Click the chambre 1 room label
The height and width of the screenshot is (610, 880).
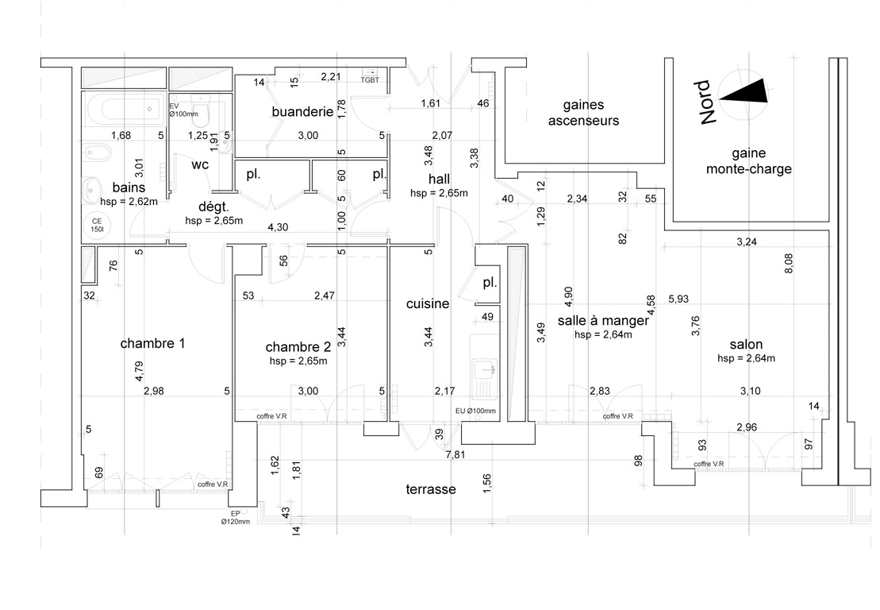152,344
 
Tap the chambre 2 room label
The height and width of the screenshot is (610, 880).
298,346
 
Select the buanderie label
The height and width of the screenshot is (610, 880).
301,112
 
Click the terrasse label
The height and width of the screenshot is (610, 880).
430,489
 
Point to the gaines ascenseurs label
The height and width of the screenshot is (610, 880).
583,113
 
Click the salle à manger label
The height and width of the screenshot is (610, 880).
603,321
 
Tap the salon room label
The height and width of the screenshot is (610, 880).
746,345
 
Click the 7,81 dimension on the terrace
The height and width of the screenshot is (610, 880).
455,454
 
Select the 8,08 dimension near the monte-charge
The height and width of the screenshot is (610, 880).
788,264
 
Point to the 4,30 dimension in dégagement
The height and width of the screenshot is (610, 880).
277,227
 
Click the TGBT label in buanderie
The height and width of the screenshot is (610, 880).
371,79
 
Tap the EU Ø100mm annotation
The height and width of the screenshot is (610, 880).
475,411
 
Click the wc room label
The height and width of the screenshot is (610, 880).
199,166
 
